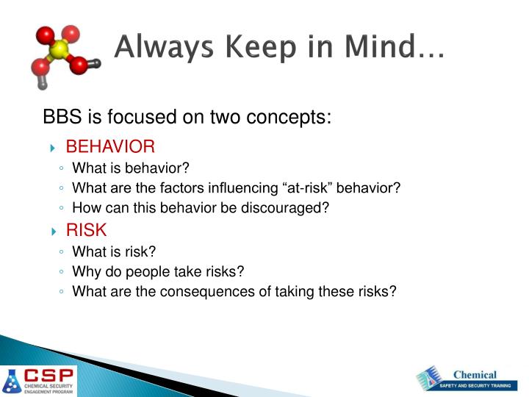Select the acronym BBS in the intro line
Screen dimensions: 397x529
coord(62,117)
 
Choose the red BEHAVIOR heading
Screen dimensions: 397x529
coord(110,146)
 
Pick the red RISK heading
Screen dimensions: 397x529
coord(86,230)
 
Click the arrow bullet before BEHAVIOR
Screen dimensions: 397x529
coord(54,147)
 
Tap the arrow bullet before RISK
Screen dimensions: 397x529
coord(54,231)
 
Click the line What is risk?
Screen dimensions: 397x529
coord(114,251)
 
